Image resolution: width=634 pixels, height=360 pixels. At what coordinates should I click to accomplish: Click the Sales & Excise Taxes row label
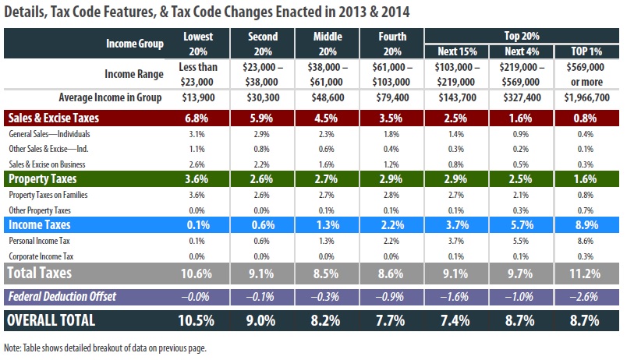pyautogui.click(x=53, y=118)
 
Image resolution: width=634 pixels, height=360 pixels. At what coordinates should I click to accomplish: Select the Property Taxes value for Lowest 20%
pyautogui.click(x=197, y=179)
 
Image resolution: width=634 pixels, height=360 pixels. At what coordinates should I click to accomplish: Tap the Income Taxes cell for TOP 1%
pyautogui.click(x=586, y=225)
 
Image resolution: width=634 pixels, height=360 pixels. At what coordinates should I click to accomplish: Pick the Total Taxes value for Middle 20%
pyautogui.click(x=326, y=274)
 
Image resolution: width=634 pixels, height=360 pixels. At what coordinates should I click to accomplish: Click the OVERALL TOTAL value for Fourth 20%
pyautogui.click(x=391, y=320)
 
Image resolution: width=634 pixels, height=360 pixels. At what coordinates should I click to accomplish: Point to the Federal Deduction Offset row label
pyautogui.click(x=62, y=297)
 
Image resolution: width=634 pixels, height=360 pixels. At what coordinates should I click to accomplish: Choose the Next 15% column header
pyautogui.click(x=457, y=51)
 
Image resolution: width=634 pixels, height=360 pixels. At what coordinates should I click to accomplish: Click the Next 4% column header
pyautogui.click(x=522, y=51)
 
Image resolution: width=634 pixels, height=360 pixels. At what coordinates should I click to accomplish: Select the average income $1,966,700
pyautogui.click(x=586, y=97)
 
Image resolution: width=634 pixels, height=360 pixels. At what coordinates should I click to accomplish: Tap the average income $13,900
pyautogui.click(x=198, y=97)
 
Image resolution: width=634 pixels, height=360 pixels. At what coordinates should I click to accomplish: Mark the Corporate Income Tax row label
pyautogui.click(x=41, y=256)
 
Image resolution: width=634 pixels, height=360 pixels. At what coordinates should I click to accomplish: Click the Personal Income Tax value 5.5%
pyautogui.click(x=521, y=241)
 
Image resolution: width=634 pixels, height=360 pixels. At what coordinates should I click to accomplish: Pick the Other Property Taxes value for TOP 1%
pyautogui.click(x=586, y=210)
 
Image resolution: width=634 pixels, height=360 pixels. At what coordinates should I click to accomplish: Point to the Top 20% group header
pyautogui.click(x=522, y=36)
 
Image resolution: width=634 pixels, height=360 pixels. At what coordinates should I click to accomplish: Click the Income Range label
pyautogui.click(x=134, y=74)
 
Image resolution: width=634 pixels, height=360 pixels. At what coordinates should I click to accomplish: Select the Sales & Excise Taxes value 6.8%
pyautogui.click(x=197, y=118)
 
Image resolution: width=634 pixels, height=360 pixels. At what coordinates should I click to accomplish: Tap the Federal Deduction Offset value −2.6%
pyautogui.click(x=585, y=297)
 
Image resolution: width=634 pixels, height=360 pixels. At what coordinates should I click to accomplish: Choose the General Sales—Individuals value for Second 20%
pyautogui.click(x=261, y=134)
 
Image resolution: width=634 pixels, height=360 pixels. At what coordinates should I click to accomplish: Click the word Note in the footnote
pyautogui.click(x=12, y=348)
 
